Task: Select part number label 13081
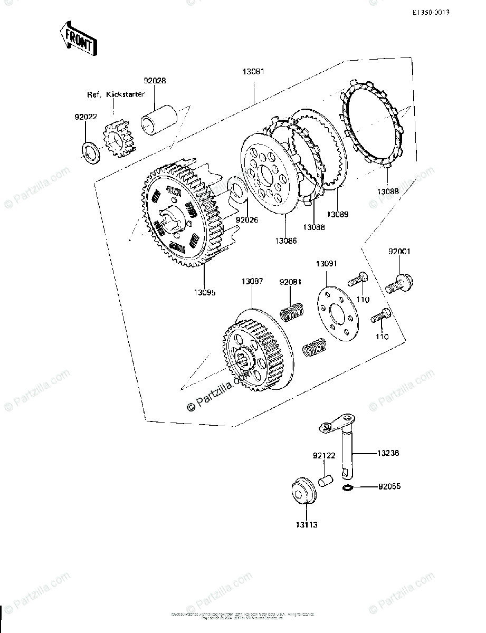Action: [253, 73]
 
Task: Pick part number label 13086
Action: [285, 240]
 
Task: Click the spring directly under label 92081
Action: [291, 312]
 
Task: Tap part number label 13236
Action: [388, 453]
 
